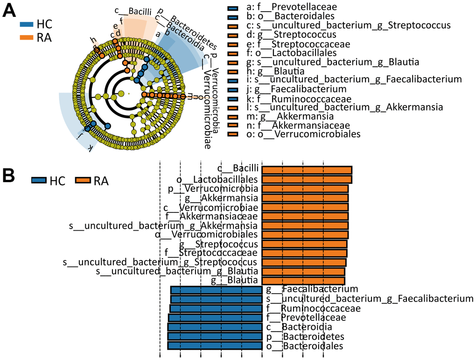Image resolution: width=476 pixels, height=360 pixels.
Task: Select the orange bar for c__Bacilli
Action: [307, 170]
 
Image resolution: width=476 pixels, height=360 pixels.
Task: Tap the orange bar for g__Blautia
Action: [303, 281]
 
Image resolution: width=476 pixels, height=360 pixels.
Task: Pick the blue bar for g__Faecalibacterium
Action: [216, 290]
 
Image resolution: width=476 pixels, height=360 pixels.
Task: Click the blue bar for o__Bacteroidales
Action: [215, 346]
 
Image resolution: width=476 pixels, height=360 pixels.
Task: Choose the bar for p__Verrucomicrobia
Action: [305, 189]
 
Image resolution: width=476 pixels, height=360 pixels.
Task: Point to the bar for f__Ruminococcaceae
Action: [216, 309]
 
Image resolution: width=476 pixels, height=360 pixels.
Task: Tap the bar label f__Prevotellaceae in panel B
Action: [306, 318]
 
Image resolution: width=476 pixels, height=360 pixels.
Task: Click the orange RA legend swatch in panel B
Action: [83, 180]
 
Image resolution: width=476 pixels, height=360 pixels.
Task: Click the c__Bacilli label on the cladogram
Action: [129, 10]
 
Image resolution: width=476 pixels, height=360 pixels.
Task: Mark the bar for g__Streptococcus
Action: [304, 244]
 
